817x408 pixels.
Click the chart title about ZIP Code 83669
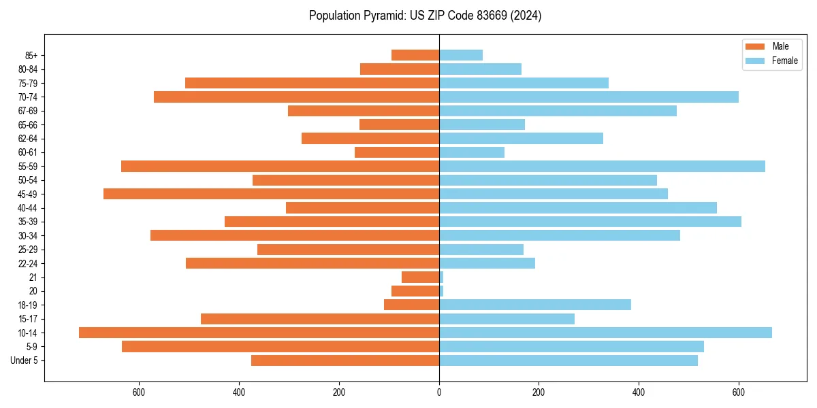tap(425, 16)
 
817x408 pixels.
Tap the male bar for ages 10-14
tap(259, 333)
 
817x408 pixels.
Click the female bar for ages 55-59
tap(602, 166)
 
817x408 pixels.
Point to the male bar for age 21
tap(420, 277)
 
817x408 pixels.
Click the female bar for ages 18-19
tap(535, 305)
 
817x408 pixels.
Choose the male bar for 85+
tap(415, 55)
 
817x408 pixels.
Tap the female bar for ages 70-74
tap(589, 97)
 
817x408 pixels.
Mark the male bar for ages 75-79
tap(312, 83)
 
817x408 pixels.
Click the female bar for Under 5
tap(568, 360)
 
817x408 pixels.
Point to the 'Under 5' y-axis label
tap(24, 360)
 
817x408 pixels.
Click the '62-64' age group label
tap(27, 139)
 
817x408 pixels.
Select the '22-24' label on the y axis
tap(27, 263)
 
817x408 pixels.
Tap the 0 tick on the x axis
tap(439, 392)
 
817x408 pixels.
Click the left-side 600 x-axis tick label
tap(139, 392)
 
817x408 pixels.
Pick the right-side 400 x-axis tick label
tap(639, 392)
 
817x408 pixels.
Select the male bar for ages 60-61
tap(397, 152)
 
